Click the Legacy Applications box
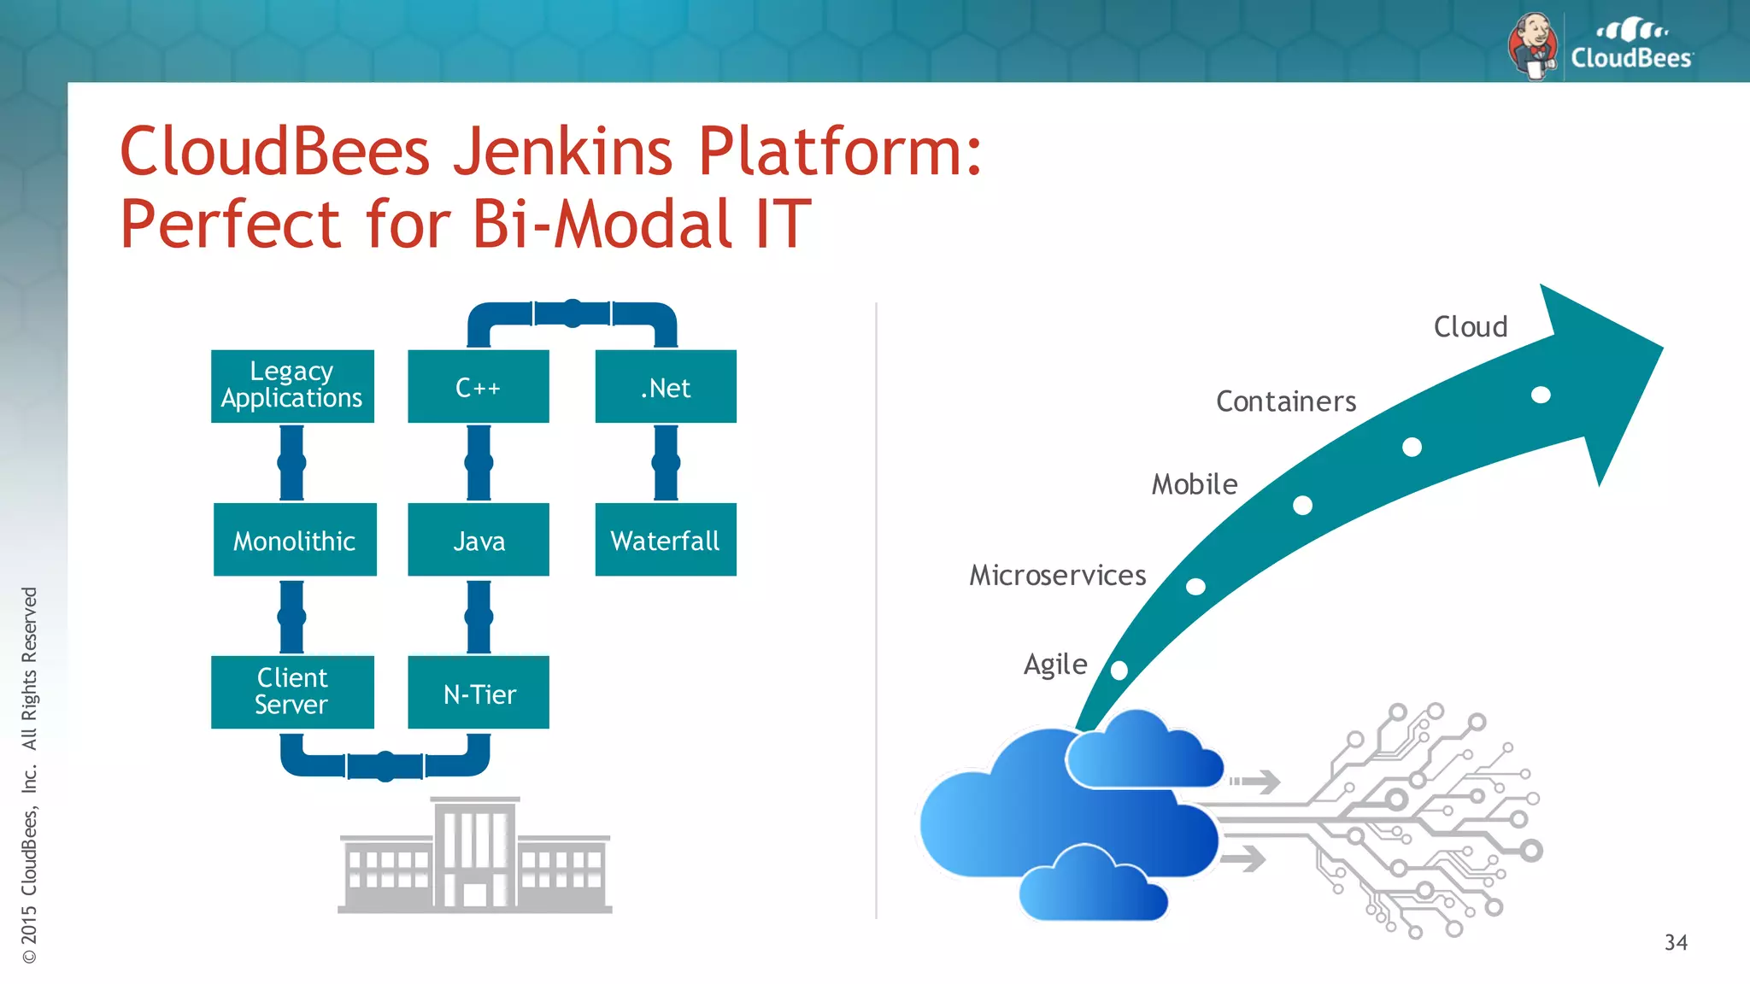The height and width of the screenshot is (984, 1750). point(292,386)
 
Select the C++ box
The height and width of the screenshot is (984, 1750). point(478,386)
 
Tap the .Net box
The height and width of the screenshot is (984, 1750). point(666,386)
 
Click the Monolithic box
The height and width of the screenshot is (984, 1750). point(294,540)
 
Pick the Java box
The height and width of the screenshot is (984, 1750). point(478,540)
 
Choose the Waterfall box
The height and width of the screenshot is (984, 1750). point(666,540)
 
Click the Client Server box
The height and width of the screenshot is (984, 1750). point(292,692)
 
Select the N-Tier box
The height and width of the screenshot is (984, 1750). point(478,693)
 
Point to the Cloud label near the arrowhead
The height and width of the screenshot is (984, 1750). point(1470,327)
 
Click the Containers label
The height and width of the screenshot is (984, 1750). point(1285,401)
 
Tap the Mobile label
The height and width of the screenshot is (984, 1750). point(1194,484)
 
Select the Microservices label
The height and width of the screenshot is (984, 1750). point(1057,576)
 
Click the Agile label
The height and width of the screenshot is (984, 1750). point(1055,665)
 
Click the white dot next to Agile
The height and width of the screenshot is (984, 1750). point(1119,671)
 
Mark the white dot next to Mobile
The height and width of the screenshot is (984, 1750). point(1302,506)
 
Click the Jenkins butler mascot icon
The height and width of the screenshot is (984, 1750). point(1534,46)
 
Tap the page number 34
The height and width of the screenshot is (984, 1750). point(1675,943)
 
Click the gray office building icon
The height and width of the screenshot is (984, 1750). point(475,856)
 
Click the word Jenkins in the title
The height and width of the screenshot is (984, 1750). point(562,151)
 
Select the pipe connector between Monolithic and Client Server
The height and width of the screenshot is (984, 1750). point(291,617)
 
